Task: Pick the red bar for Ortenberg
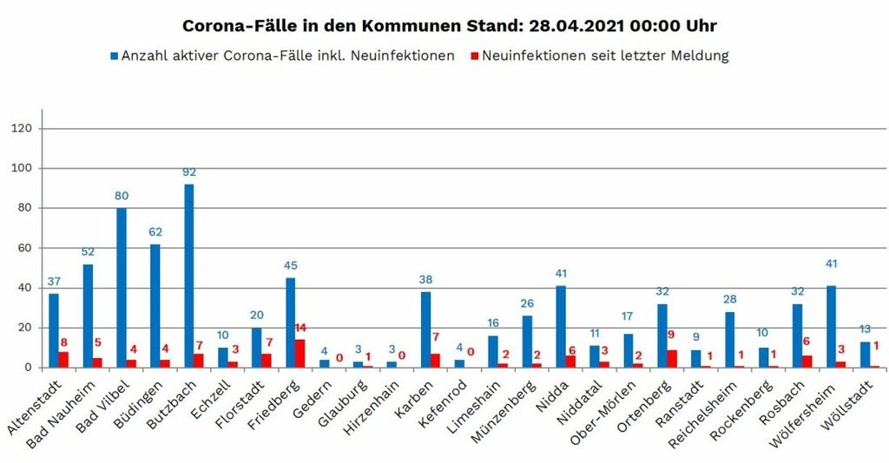(672, 359)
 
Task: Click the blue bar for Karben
(425, 329)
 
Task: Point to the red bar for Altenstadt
(63, 360)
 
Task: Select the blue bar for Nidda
(561, 327)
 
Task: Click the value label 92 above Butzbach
(189, 173)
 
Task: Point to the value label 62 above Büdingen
(155, 232)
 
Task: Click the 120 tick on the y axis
(23, 128)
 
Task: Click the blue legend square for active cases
(114, 56)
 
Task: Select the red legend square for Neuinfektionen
(474, 56)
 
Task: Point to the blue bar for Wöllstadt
(865, 355)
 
